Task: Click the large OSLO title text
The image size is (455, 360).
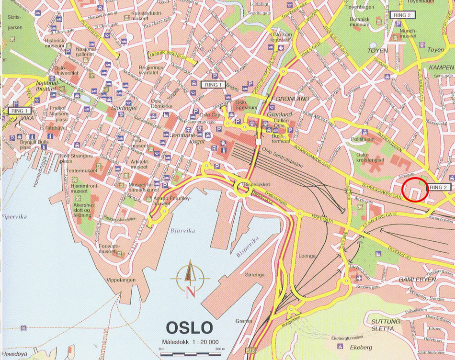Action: point(189,327)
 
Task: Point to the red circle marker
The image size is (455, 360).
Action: point(414,190)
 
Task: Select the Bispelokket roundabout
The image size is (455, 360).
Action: point(242,188)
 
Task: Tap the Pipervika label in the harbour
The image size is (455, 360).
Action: point(14,217)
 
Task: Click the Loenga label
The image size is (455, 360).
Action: point(307,256)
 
